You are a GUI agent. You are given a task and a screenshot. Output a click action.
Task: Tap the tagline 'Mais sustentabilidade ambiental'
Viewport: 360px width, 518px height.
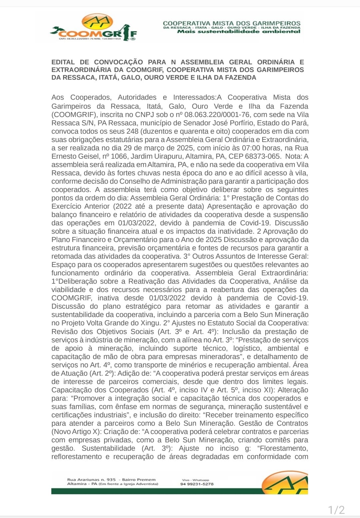(x=239, y=32)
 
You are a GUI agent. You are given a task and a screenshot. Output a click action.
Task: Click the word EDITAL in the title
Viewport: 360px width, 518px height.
(x=63, y=62)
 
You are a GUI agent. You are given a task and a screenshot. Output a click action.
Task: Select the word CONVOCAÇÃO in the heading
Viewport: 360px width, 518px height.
(x=118, y=62)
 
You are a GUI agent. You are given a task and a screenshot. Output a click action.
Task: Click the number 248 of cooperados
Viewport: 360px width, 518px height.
(x=132, y=131)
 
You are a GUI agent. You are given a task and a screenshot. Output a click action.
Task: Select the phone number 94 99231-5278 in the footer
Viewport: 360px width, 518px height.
(x=197, y=484)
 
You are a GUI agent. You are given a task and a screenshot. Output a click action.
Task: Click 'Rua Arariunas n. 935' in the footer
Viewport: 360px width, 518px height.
(x=91, y=480)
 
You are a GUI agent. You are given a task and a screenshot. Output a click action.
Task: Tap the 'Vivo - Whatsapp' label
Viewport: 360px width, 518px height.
(x=195, y=480)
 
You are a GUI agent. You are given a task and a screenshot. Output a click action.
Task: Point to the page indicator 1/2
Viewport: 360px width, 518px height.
(x=336, y=510)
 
